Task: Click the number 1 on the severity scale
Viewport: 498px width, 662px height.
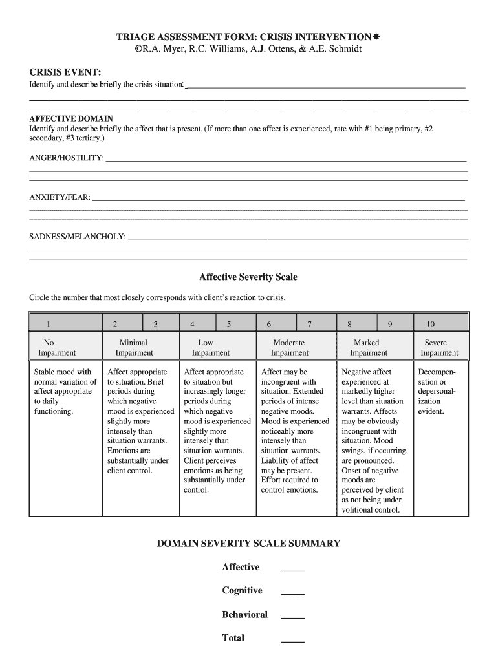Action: [46, 324]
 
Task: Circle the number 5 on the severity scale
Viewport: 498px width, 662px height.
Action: [228, 324]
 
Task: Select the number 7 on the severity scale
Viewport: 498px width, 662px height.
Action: [309, 324]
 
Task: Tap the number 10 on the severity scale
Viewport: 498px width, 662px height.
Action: [430, 324]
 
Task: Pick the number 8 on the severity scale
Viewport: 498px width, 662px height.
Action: [349, 324]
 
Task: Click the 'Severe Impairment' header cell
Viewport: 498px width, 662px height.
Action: [438, 348]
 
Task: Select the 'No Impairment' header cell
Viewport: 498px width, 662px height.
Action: [57, 348]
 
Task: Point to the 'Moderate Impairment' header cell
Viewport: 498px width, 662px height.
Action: [289, 348]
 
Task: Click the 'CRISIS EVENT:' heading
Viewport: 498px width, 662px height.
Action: [65, 70]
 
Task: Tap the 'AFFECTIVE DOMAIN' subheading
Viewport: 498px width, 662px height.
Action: [71, 119]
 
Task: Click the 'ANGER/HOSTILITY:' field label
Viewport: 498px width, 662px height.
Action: [67, 158]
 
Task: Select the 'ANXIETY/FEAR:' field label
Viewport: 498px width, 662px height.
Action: [60, 197]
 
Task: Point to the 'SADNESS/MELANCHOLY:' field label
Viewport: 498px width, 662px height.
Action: [78, 237]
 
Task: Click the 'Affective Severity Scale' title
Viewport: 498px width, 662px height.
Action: [248, 277]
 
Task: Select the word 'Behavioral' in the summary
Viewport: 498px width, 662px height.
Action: [244, 615]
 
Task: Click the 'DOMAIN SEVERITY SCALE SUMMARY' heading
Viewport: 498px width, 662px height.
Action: [248, 544]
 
